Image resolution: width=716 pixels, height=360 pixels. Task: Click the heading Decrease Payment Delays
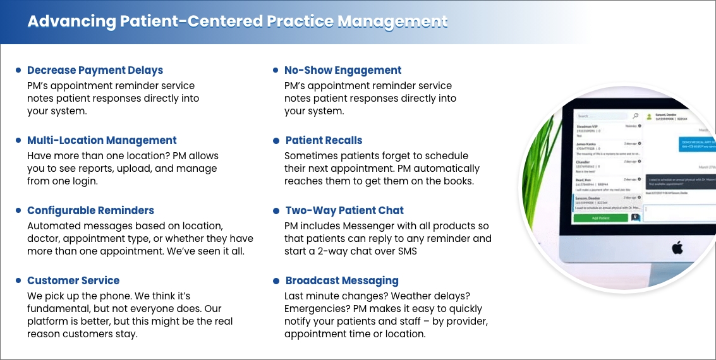95,70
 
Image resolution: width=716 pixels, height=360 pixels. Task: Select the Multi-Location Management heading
102,140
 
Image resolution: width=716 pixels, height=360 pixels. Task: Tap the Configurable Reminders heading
90,210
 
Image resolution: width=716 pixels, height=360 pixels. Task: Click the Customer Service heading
73,280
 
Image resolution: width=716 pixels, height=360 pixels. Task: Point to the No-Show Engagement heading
343,70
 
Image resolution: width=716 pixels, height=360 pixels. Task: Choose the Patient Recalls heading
324,140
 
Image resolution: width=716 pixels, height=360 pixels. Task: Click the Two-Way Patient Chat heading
344,210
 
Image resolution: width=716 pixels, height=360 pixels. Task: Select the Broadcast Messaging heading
342,280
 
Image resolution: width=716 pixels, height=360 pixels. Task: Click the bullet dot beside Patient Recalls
276,140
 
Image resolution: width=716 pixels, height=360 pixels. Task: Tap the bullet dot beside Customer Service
18,280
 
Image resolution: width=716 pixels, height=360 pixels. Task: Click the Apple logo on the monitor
677,246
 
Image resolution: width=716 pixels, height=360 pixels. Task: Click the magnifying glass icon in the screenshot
635,116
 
